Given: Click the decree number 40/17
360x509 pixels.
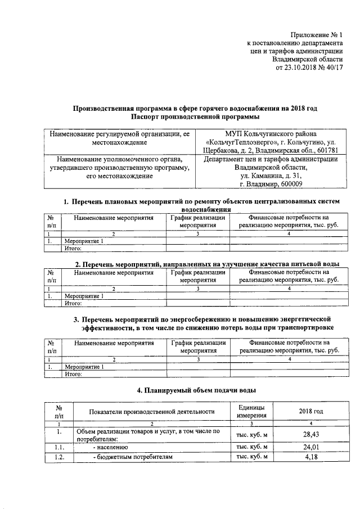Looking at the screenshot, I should (334, 68).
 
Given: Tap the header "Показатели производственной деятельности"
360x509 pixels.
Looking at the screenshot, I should (152, 411).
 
